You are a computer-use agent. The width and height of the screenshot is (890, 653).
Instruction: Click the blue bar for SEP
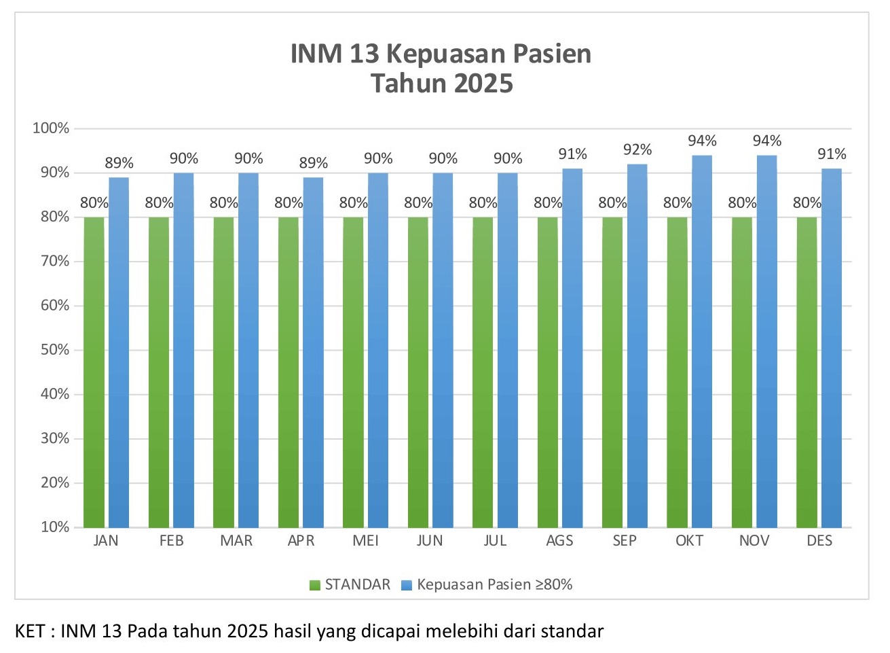pyautogui.click(x=637, y=346)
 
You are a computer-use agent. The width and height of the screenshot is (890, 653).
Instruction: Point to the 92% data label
pyautogui.click(x=637, y=149)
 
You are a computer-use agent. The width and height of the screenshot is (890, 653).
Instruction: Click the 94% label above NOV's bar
pyautogui.click(x=766, y=141)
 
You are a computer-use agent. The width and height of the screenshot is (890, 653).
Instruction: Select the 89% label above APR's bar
pyautogui.click(x=313, y=163)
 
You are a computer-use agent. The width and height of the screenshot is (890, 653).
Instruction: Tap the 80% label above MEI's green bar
pyautogui.click(x=353, y=202)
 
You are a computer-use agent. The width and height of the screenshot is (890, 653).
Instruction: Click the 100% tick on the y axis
pyautogui.click(x=52, y=128)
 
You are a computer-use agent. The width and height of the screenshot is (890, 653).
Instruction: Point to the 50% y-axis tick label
pyautogui.click(x=54, y=350)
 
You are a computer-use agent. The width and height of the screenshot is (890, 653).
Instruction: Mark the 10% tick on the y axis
pyautogui.click(x=54, y=527)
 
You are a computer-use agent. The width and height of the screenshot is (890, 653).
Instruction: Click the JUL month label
pyautogui.click(x=495, y=541)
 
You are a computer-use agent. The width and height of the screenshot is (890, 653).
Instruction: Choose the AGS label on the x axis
pyautogui.click(x=559, y=541)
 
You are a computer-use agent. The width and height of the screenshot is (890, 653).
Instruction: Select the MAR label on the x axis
pyautogui.click(x=236, y=541)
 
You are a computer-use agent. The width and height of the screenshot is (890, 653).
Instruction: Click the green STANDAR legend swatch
pyautogui.click(x=315, y=585)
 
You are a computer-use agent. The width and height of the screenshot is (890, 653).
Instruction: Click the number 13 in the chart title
pyautogui.click(x=365, y=54)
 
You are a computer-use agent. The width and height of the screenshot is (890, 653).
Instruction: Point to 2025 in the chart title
pyautogui.click(x=483, y=84)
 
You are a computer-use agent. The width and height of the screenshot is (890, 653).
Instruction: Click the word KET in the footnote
pyautogui.click(x=29, y=631)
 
